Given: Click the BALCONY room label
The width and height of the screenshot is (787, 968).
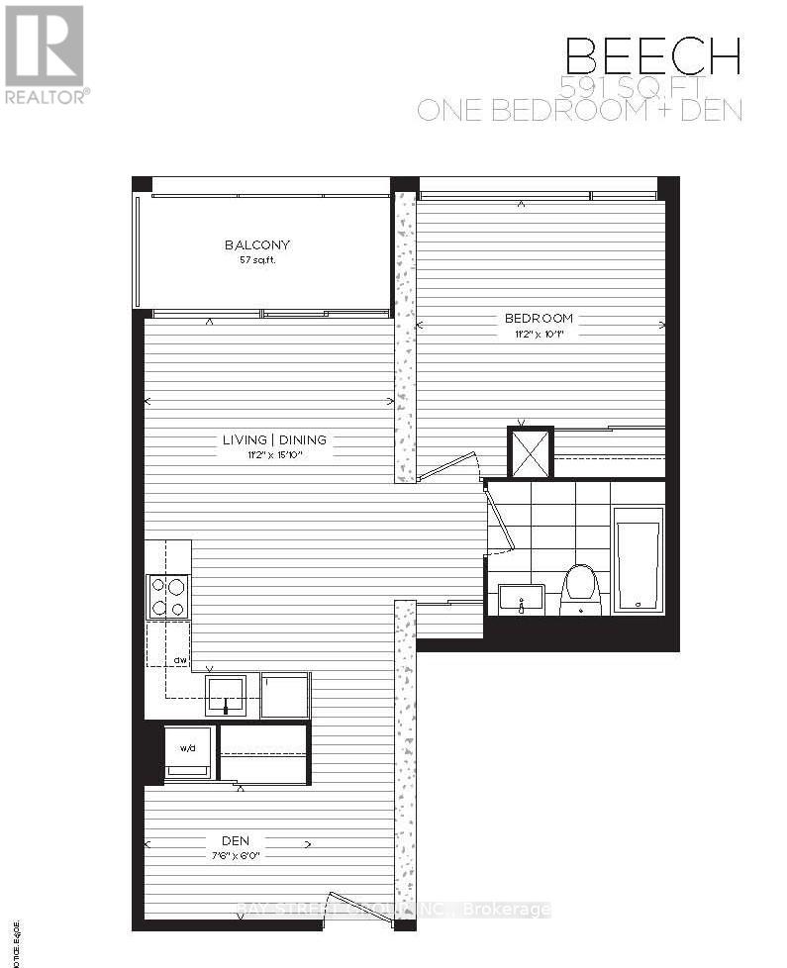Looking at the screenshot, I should point(257,244).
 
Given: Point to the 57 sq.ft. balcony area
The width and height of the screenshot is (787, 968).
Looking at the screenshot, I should point(256,260).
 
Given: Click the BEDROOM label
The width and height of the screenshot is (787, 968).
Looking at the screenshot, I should point(539,318).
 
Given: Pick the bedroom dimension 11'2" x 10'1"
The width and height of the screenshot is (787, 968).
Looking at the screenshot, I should point(540,334).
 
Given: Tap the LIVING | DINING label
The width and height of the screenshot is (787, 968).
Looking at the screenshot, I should point(274,439).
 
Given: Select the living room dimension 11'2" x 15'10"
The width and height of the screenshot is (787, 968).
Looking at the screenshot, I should point(274,454).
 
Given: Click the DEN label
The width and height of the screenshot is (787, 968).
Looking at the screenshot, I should point(235,842).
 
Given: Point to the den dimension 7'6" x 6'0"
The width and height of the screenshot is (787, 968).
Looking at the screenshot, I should point(235,856).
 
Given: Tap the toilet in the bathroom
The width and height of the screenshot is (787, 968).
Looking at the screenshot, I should point(580,589).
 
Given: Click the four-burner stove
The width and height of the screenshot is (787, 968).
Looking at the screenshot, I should point(167,597).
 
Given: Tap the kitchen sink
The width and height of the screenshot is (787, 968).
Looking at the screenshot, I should point(227,696).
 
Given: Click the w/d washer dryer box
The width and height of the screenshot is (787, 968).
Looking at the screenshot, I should point(188,748).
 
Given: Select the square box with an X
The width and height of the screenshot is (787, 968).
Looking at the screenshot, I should point(530,452).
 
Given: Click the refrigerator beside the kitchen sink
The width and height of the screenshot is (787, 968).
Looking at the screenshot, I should point(285,695).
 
